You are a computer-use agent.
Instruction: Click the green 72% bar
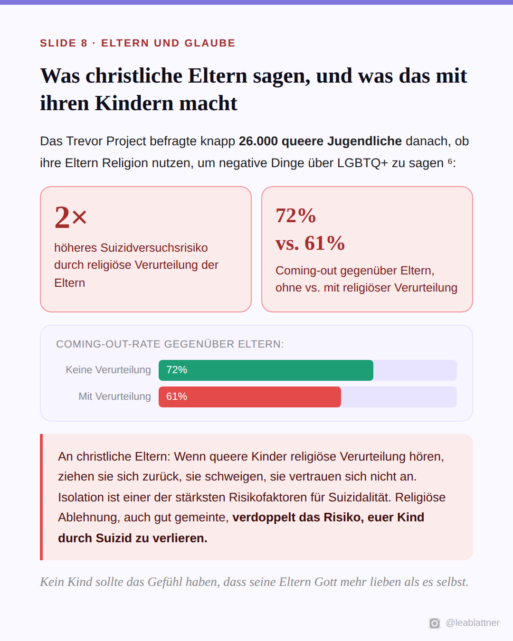[266, 370]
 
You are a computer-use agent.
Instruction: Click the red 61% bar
[249, 397]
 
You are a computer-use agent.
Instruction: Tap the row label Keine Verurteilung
[108, 370]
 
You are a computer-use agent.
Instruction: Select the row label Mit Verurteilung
[115, 396]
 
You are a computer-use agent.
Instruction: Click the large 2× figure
[71, 217]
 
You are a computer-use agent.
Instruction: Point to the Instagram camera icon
[434, 623]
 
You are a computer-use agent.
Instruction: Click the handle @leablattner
[473, 622]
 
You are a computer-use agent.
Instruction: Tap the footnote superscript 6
[450, 161]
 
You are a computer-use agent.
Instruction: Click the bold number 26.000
[258, 141]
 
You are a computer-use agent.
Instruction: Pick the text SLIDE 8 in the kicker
[64, 43]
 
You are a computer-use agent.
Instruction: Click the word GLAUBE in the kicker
[210, 43]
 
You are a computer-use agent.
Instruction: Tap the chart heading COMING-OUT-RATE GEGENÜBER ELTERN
[170, 344]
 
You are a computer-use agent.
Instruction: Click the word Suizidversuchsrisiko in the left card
[154, 248]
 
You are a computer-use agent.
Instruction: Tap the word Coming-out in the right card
[306, 271]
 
